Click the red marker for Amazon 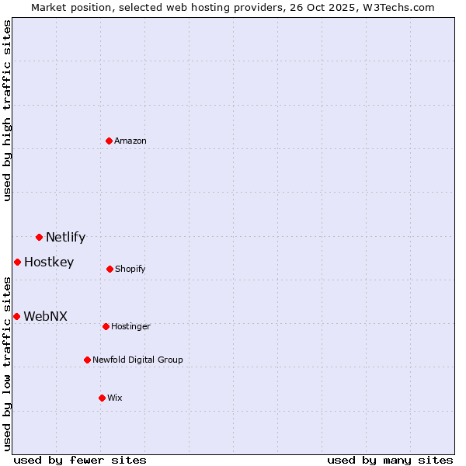(110, 141)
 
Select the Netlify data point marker (39, 237)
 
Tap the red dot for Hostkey (17, 262)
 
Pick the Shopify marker (110, 269)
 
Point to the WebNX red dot (16, 316)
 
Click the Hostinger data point (106, 326)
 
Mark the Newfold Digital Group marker (87, 360)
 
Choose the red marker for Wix (102, 398)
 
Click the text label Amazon (130, 141)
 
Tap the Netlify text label (65, 238)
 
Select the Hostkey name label (49, 263)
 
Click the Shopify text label (130, 269)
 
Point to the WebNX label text (46, 317)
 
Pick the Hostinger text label (130, 326)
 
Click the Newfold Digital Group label (137, 360)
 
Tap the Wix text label (115, 398)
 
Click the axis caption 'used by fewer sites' (80, 460)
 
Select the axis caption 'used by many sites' (390, 460)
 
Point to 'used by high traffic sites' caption (7, 111)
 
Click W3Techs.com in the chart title (396, 7)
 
